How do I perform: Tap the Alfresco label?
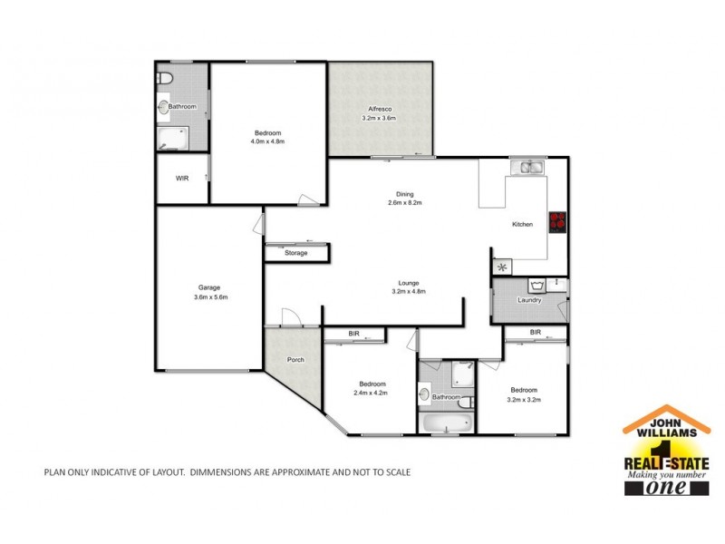click(x=379, y=109)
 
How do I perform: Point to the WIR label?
click(x=182, y=178)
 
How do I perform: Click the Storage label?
click(x=295, y=253)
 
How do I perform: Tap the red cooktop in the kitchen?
click(x=558, y=221)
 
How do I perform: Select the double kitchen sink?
click(x=526, y=167)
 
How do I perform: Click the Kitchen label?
click(x=522, y=224)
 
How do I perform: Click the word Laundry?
click(x=529, y=300)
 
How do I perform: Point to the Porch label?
click(x=295, y=360)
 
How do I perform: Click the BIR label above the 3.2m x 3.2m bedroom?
click(x=535, y=333)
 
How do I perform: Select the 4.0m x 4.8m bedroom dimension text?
click(x=267, y=141)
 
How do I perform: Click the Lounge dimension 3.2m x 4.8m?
click(x=409, y=291)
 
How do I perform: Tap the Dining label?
click(x=405, y=193)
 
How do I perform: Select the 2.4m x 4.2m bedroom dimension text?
click(x=372, y=393)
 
